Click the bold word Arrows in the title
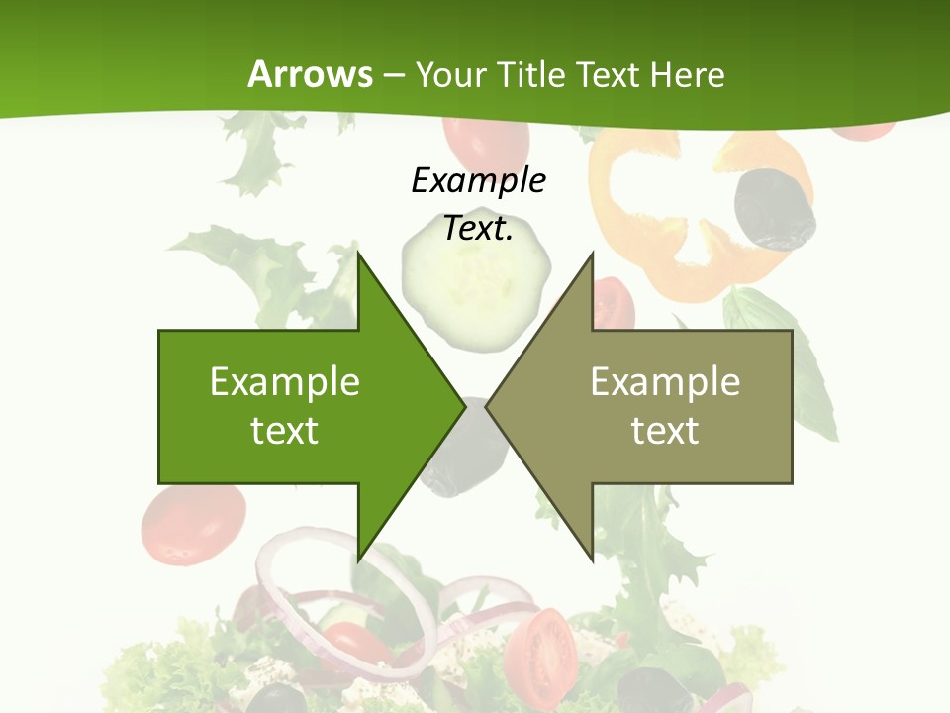pyautogui.click(x=310, y=74)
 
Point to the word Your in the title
pyautogui.click(x=451, y=74)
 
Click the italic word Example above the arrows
pyautogui.click(x=478, y=180)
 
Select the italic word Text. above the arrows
pyautogui.click(x=478, y=228)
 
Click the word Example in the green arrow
pyautogui.click(x=285, y=382)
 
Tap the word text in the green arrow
pyautogui.click(x=285, y=430)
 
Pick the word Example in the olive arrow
pyautogui.click(x=665, y=382)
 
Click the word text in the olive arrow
pyautogui.click(x=665, y=430)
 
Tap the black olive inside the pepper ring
pyautogui.click(x=774, y=208)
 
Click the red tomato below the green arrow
pyautogui.click(x=193, y=523)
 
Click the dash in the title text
pyautogui.click(x=393, y=75)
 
